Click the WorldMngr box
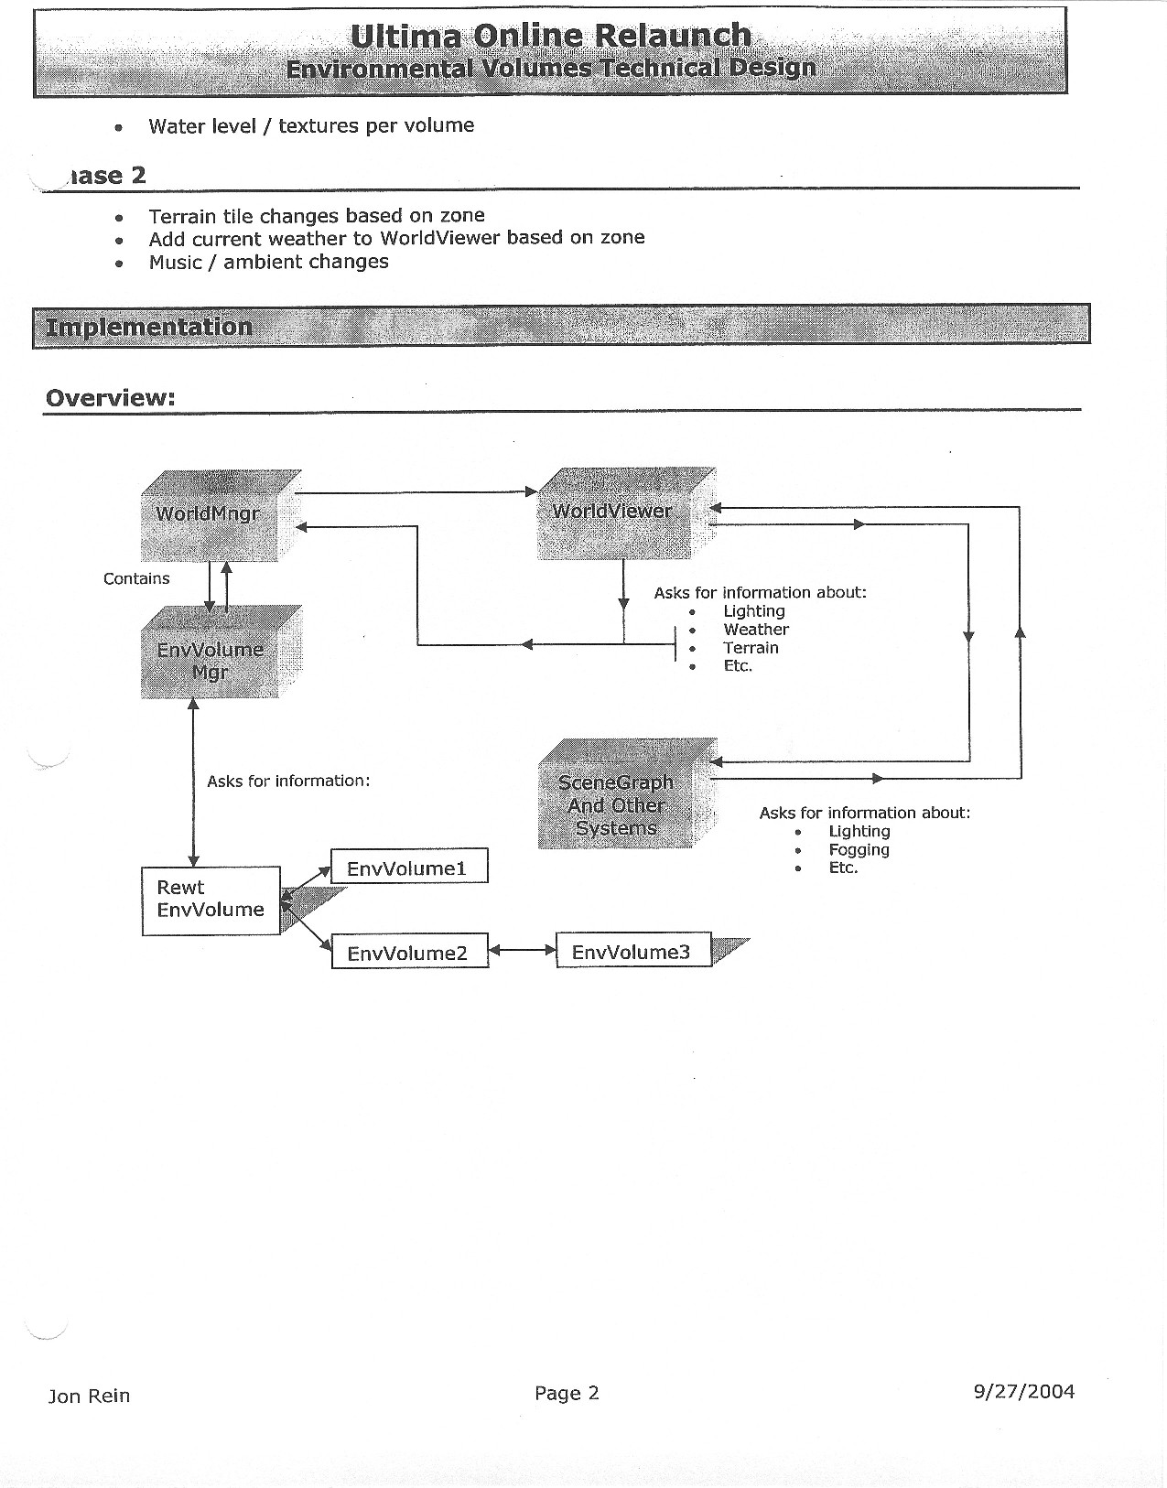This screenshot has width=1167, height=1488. tap(209, 515)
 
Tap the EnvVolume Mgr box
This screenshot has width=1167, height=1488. tap(211, 659)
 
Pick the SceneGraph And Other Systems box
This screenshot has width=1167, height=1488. tap(616, 804)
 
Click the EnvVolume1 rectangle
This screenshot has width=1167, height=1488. tap(409, 867)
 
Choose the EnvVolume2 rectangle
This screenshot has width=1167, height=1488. tap(409, 953)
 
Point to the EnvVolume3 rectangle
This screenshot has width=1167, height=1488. tap(633, 952)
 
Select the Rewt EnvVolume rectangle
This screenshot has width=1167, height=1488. tap(211, 900)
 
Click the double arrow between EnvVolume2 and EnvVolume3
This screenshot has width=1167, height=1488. tap(522, 950)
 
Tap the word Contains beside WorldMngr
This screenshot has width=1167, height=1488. tap(136, 578)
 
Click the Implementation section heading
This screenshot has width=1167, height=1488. tap(149, 327)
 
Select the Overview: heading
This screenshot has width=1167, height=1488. tap(110, 398)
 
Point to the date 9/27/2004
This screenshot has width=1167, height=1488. tap(1023, 1392)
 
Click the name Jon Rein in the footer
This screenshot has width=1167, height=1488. tap(89, 1396)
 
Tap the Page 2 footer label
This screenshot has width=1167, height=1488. tap(567, 1393)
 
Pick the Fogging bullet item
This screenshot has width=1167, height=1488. tap(859, 849)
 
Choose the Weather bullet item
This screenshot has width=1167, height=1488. tap(755, 630)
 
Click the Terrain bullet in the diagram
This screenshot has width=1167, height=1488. tap(751, 648)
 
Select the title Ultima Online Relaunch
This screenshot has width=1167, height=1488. tap(551, 36)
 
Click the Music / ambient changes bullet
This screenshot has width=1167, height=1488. tap(268, 262)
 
